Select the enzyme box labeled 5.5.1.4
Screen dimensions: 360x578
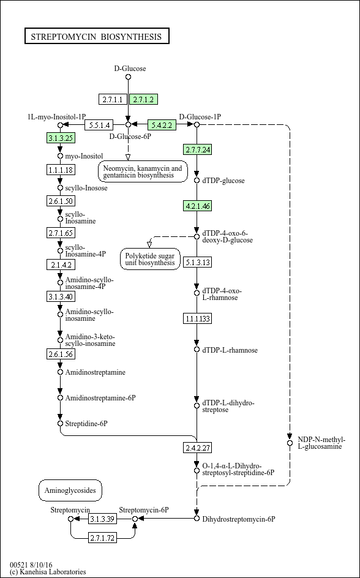(x=99, y=125)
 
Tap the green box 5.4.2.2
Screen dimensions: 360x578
(x=162, y=125)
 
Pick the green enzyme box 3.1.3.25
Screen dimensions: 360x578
(x=61, y=138)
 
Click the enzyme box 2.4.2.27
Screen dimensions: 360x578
(x=198, y=448)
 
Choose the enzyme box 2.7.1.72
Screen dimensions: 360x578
(x=102, y=538)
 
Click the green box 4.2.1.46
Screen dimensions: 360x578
(x=198, y=206)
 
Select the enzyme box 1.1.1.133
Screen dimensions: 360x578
(x=198, y=318)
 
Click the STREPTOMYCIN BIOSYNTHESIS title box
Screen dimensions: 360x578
(x=97, y=36)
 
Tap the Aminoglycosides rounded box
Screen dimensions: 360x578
(x=70, y=490)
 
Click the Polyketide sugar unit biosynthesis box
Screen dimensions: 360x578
(x=151, y=259)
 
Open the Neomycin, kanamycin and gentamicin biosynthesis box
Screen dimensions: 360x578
(x=143, y=171)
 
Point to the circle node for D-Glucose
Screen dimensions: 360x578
(x=128, y=77)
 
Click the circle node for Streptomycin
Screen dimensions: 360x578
(x=71, y=519)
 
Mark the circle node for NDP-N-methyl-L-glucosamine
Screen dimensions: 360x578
(x=290, y=443)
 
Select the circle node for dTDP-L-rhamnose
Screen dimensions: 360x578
(x=197, y=350)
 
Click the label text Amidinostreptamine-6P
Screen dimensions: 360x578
(x=100, y=398)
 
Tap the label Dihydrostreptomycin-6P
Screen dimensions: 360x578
(x=239, y=519)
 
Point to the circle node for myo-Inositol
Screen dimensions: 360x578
(x=61, y=156)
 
